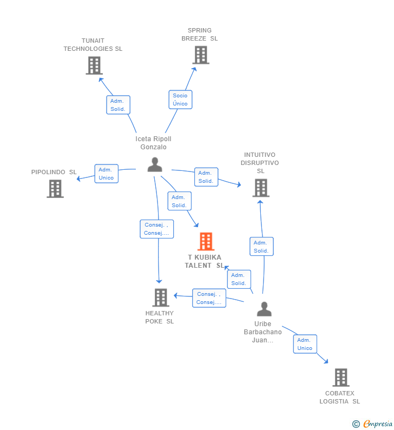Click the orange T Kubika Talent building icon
pyautogui.click(x=206, y=241)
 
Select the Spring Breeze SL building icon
pyautogui.click(x=200, y=55)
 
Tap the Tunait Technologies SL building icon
pyautogui.click(x=94, y=65)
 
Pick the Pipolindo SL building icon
pyautogui.click(x=55, y=189)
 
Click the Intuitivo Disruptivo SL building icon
pyautogui.click(x=261, y=188)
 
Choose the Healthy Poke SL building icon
pyautogui.click(x=161, y=297)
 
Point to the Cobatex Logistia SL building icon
pyautogui.click(x=340, y=377)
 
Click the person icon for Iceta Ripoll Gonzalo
pyautogui.click(x=155, y=165)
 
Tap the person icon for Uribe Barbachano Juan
pyautogui.click(x=264, y=309)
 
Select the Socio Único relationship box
pyautogui.click(x=180, y=100)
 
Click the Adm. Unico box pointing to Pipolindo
pyautogui.click(x=106, y=174)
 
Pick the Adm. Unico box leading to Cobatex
pyautogui.click(x=305, y=344)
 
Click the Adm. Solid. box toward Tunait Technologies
pyautogui.click(x=118, y=105)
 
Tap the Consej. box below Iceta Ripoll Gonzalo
pyautogui.click(x=156, y=229)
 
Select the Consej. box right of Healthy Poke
pyautogui.click(x=209, y=299)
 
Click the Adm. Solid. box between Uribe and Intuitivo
pyautogui.click(x=261, y=247)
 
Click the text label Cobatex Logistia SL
pyautogui.click(x=339, y=397)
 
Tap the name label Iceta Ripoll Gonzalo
pyautogui.click(x=153, y=143)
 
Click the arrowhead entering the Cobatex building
pyautogui.click(x=326, y=361)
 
